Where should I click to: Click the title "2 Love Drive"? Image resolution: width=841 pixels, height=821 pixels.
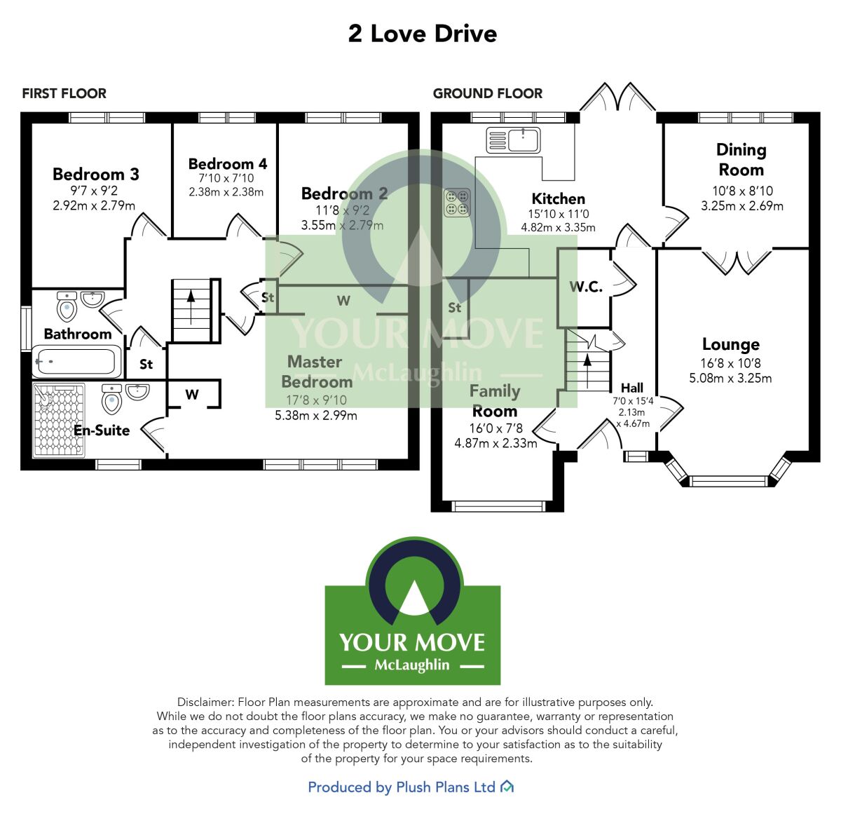pos(423,34)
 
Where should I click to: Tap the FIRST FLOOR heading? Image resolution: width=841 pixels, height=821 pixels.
pos(64,93)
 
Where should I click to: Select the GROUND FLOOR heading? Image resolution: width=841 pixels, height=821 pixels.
pos(488,93)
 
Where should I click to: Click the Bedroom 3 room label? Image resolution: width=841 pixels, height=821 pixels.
pos(96,174)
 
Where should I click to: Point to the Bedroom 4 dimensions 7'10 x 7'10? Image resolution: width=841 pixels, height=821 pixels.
pos(226,179)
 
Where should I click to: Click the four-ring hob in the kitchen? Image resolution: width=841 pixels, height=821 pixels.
pos(457,202)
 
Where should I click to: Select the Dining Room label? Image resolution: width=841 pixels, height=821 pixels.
pos(741,160)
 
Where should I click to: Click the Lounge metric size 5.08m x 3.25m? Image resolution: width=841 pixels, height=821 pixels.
pos(731,378)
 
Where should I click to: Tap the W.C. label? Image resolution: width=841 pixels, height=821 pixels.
pos(586,286)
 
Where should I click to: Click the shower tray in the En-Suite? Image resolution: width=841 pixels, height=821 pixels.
pos(59,419)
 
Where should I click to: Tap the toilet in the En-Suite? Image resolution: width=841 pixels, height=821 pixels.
pos(112,400)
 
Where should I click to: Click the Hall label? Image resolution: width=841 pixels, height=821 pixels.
pos(632,388)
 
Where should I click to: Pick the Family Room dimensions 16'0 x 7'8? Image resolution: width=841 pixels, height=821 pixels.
pos(495,428)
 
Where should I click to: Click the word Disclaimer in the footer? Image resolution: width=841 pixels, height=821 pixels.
pos(205,702)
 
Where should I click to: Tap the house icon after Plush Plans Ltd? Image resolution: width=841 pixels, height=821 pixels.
pos(507,787)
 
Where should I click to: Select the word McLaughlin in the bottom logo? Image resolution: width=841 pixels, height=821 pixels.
pos(412,665)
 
